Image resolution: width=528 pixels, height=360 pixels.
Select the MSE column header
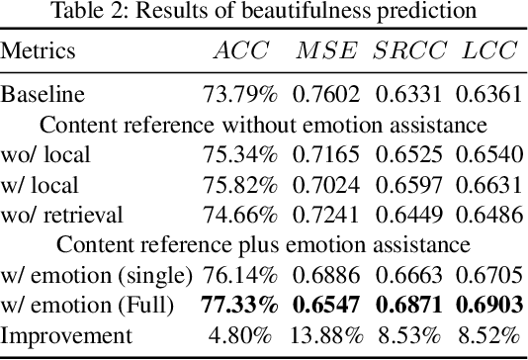point(327,51)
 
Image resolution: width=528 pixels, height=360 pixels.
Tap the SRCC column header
point(407,51)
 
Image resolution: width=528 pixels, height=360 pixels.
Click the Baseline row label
point(43,96)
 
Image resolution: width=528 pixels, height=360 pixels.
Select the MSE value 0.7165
point(327,153)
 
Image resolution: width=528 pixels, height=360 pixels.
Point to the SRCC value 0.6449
point(407,211)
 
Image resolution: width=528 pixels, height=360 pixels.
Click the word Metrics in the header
point(39,51)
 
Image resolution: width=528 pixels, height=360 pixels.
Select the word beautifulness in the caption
point(332,14)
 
